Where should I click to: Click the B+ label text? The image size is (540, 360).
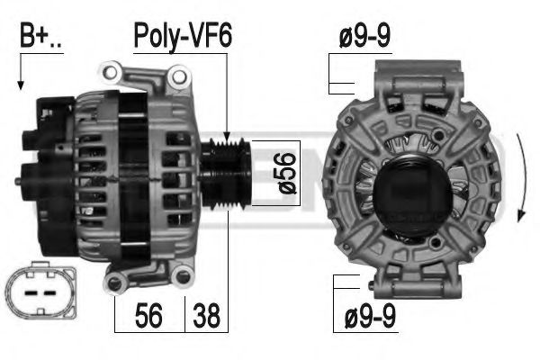tap(40, 35)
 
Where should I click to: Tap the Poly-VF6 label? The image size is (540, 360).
tap(183, 36)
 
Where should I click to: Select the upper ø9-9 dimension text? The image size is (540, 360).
tap(364, 36)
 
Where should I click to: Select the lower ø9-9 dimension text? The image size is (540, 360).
tap(370, 316)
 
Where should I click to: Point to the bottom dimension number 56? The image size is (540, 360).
tap(148, 316)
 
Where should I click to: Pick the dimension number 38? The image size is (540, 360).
tap(206, 316)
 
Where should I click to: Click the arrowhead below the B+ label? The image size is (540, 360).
tap(21, 85)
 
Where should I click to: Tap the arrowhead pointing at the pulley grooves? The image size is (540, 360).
tap(227, 137)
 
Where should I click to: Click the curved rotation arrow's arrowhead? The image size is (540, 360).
tap(521, 215)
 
